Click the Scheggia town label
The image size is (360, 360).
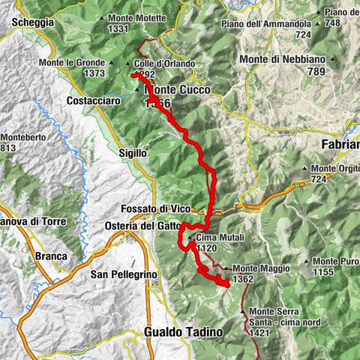(x=32, y=22)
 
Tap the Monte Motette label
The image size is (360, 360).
(x=139, y=18)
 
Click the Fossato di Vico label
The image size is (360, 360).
(x=154, y=208)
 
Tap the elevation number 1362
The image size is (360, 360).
(x=244, y=278)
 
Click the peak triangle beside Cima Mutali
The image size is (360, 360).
(x=191, y=238)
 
